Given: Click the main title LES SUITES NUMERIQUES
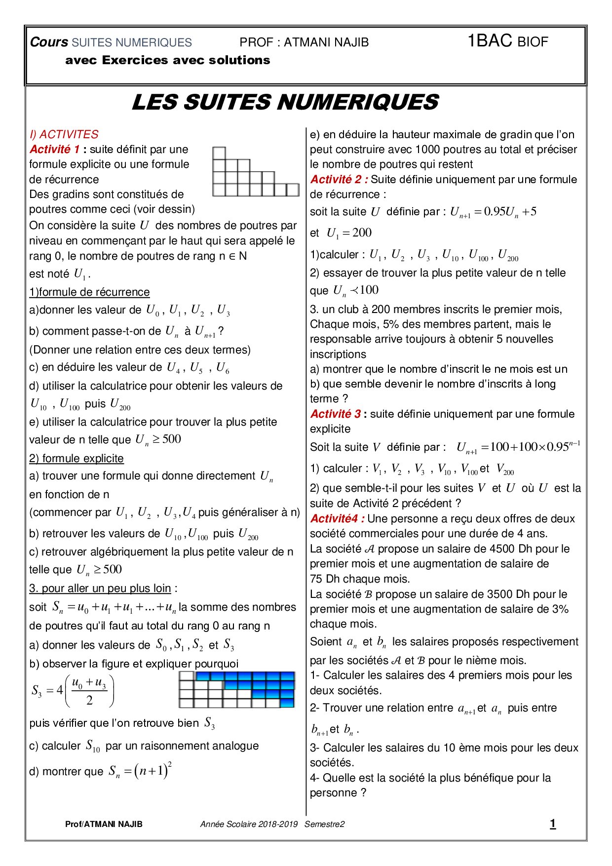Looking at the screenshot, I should pos(285,102).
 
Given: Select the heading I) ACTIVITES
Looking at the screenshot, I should pos(64,134).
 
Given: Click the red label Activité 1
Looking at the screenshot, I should pos(54,149).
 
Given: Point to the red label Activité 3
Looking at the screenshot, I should pos(335,414).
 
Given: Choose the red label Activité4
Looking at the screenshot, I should pos(337,518).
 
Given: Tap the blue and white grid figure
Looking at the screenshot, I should pos(236,689).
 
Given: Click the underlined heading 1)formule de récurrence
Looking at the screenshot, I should pos(89,292).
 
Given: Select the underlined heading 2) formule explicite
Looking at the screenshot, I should pos(76,458).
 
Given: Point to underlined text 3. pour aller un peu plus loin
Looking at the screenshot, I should pos(100,588).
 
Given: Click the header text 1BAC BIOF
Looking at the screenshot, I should pos(507,41).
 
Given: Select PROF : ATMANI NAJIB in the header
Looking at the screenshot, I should pos(304,42).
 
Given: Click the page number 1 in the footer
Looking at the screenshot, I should pos(553,824).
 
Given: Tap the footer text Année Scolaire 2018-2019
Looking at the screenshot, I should pos(249,824).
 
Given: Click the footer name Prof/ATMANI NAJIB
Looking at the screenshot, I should pos(104,824).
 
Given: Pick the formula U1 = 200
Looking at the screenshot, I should pos(349,233).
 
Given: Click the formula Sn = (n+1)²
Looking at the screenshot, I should pos(140,771).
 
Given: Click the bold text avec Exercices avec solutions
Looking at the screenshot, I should pos(168,60).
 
